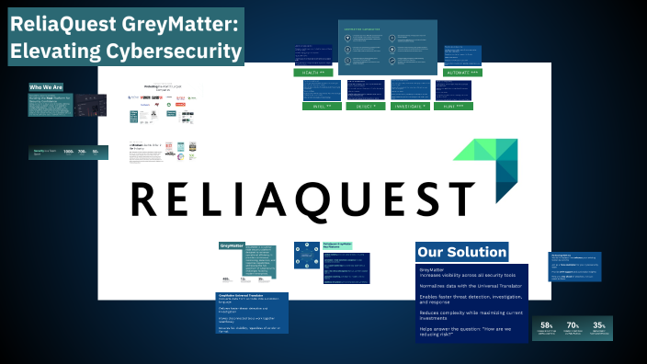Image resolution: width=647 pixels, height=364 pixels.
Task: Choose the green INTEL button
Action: pyautogui.click(x=322, y=106)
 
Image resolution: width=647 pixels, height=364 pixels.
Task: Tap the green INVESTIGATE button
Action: pyautogui.click(x=411, y=106)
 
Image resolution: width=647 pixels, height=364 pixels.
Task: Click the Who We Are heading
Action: pyautogui.click(x=46, y=87)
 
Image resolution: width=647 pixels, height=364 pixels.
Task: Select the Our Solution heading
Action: pyautogui.click(x=461, y=252)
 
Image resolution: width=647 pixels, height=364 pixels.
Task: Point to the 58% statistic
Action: pyautogui.click(x=547, y=325)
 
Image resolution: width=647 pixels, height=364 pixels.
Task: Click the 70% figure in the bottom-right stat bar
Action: pyautogui.click(x=573, y=325)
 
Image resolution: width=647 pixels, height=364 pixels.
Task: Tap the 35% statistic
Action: pyautogui.click(x=598, y=325)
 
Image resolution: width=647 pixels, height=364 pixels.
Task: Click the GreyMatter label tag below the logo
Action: pyautogui.click(x=231, y=245)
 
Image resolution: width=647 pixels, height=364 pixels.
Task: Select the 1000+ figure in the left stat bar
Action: pyautogui.click(x=68, y=152)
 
